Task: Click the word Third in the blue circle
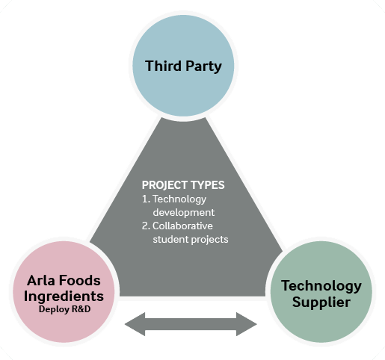tap(163, 66)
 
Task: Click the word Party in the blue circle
tap(203, 66)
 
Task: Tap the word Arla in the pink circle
tap(41, 280)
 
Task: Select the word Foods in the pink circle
tap(80, 280)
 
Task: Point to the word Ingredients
tap(64, 297)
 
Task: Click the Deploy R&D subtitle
tap(64, 309)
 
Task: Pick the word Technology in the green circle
tap(321, 286)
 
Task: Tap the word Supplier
tap(321, 302)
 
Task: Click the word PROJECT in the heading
tap(164, 185)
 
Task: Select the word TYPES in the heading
tap(208, 185)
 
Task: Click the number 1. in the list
tap(146, 199)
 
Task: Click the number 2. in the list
tap(146, 226)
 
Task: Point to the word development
tap(184, 212)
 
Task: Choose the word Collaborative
tap(182, 226)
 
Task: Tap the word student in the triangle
tap(170, 240)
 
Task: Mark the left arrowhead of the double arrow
tap(135, 324)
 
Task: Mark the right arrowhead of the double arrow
tap(247, 324)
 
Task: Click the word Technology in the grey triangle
tap(179, 199)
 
